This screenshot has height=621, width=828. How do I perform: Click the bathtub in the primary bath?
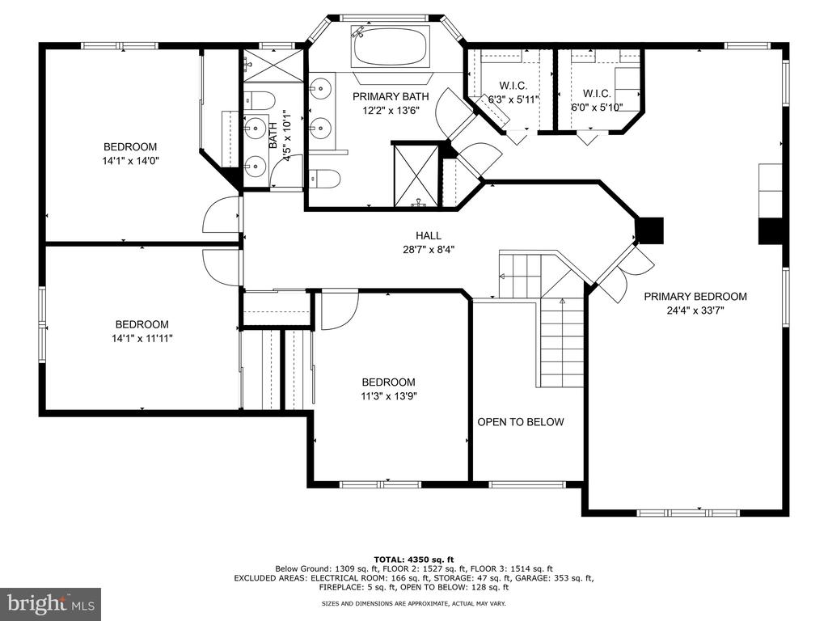(x=391, y=48)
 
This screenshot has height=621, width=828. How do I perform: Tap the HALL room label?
(x=429, y=235)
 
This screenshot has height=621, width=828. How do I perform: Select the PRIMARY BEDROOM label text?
(x=695, y=296)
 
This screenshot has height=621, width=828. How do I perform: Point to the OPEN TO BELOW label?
(x=521, y=422)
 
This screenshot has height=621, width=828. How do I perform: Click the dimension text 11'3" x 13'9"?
(x=389, y=396)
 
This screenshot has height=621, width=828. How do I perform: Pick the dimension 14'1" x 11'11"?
(x=142, y=339)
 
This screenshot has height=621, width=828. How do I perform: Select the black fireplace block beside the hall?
(x=649, y=230)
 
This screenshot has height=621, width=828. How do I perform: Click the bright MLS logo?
(x=51, y=603)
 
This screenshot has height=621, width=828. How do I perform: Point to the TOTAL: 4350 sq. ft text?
(x=413, y=560)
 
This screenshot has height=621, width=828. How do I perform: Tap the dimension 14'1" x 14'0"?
(x=130, y=161)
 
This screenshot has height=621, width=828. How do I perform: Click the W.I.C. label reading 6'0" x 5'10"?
(x=597, y=99)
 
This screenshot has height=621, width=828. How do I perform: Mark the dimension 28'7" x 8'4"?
(x=429, y=249)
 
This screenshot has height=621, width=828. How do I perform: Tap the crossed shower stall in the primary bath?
(x=416, y=175)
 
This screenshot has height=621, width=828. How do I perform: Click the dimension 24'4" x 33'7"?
(x=695, y=310)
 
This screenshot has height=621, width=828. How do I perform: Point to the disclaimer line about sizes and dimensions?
(x=413, y=603)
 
